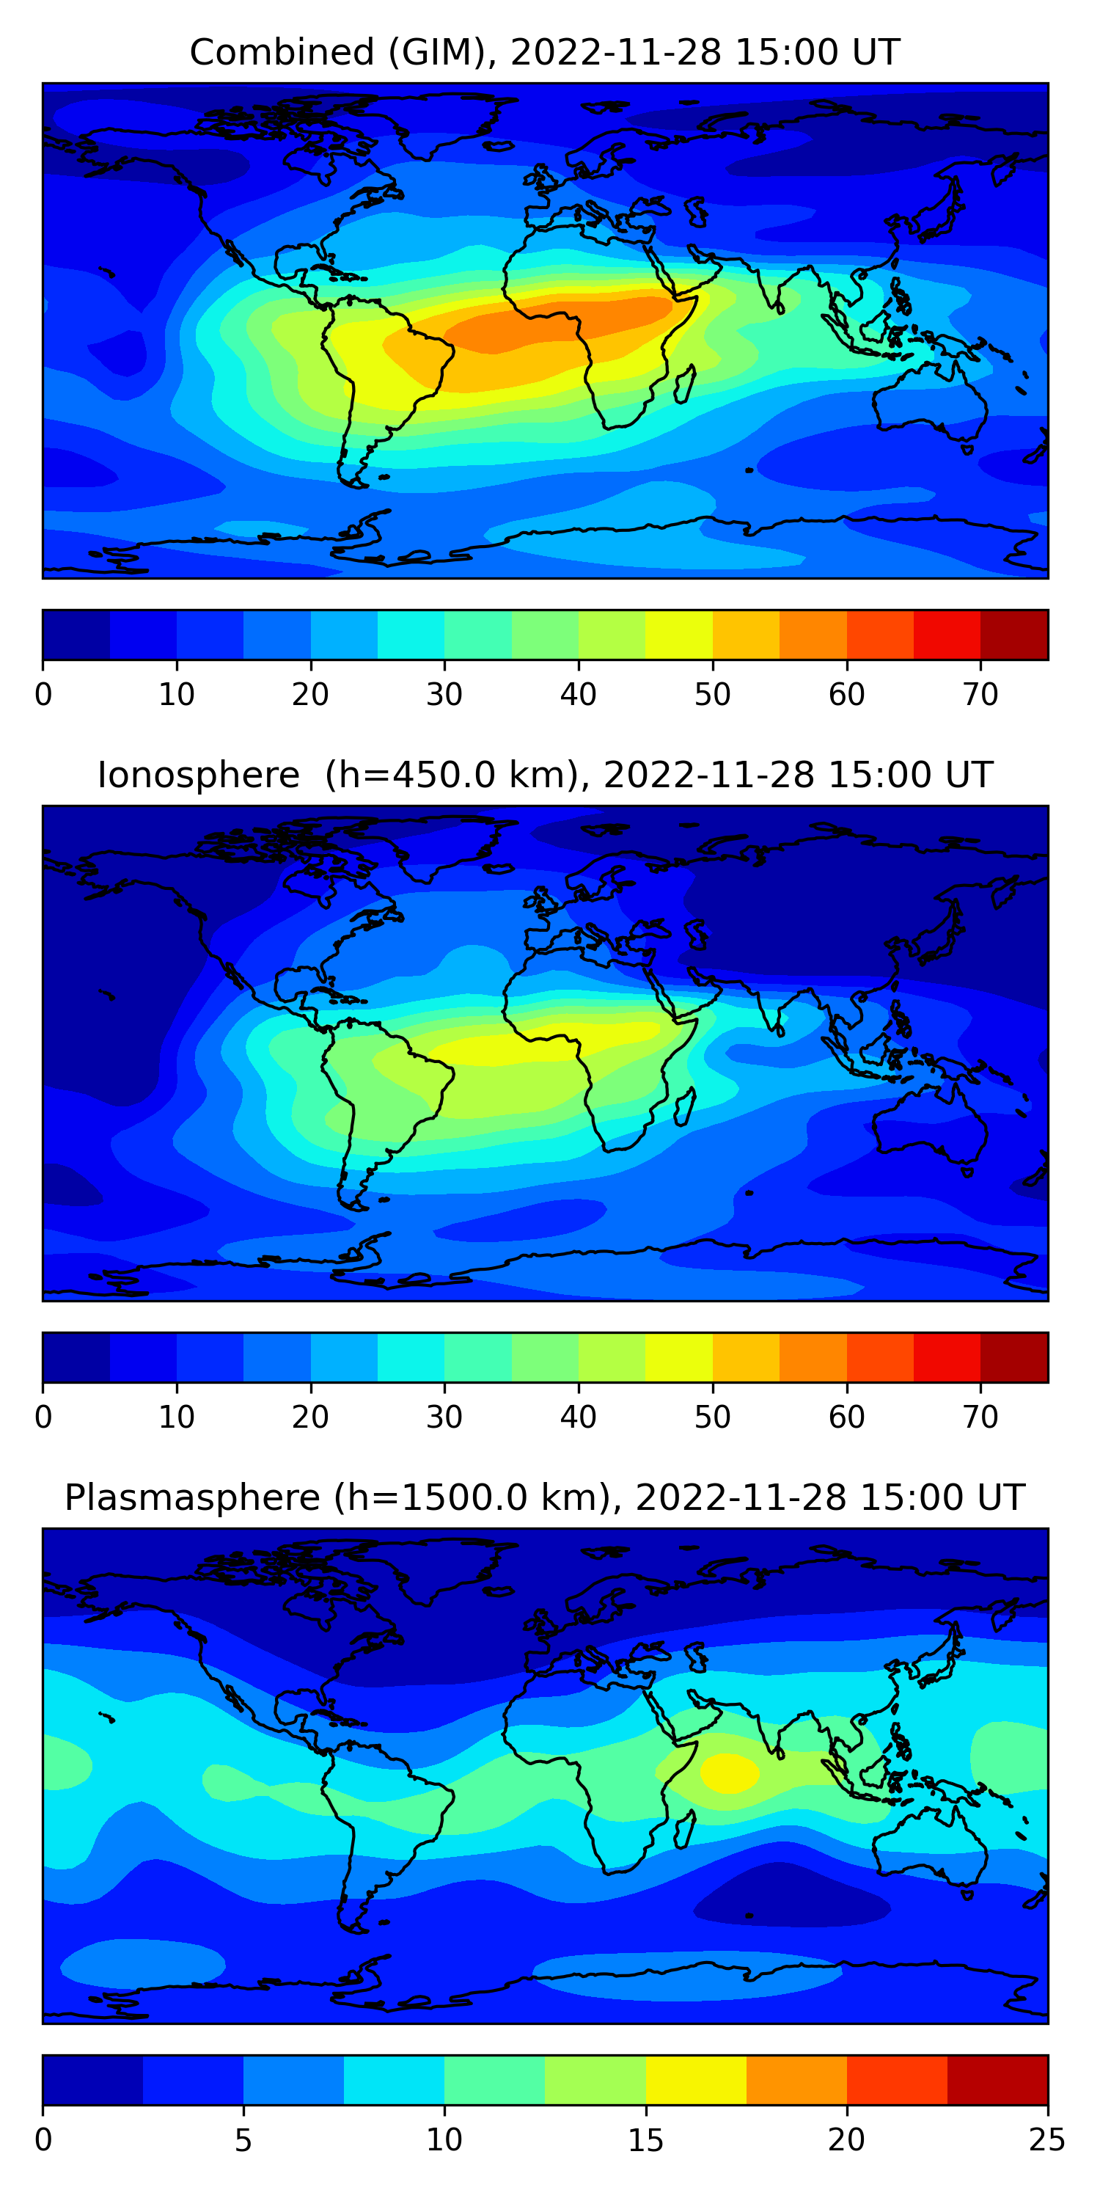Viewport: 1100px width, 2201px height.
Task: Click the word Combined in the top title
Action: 282,52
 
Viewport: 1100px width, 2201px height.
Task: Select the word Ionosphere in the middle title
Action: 198,775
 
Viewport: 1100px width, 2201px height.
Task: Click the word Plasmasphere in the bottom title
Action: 192,1498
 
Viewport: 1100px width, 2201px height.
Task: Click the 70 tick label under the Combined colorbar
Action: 980,695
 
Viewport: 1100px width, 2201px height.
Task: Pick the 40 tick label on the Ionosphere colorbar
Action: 578,1417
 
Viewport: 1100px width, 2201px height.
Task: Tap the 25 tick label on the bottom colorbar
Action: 1047,2140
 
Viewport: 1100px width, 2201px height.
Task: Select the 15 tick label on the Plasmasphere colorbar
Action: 645,2140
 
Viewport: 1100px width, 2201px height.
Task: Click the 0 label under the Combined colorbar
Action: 43,695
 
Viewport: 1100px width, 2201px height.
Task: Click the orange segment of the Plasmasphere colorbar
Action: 796,2081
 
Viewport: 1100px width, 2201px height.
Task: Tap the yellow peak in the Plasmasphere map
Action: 728,1771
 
